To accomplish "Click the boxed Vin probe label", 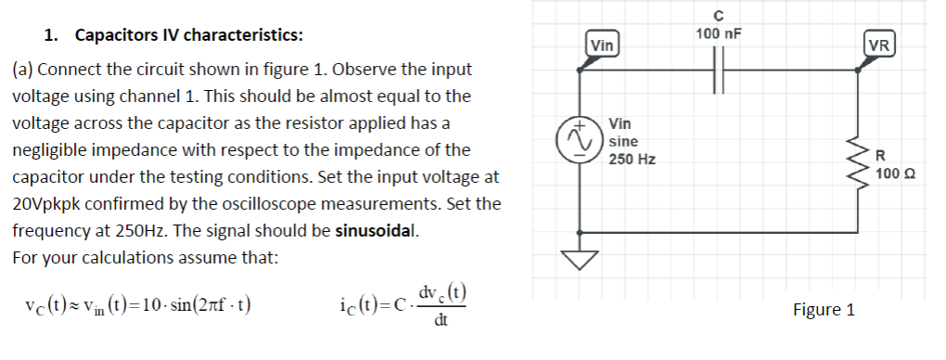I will (x=601, y=44).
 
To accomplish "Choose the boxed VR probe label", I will (x=877, y=44).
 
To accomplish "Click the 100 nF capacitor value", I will (x=719, y=34).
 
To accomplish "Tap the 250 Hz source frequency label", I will (x=633, y=159).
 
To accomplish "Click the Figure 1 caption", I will (x=824, y=310).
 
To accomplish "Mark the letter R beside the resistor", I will (x=881, y=155).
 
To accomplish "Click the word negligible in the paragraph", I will (x=55, y=149).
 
